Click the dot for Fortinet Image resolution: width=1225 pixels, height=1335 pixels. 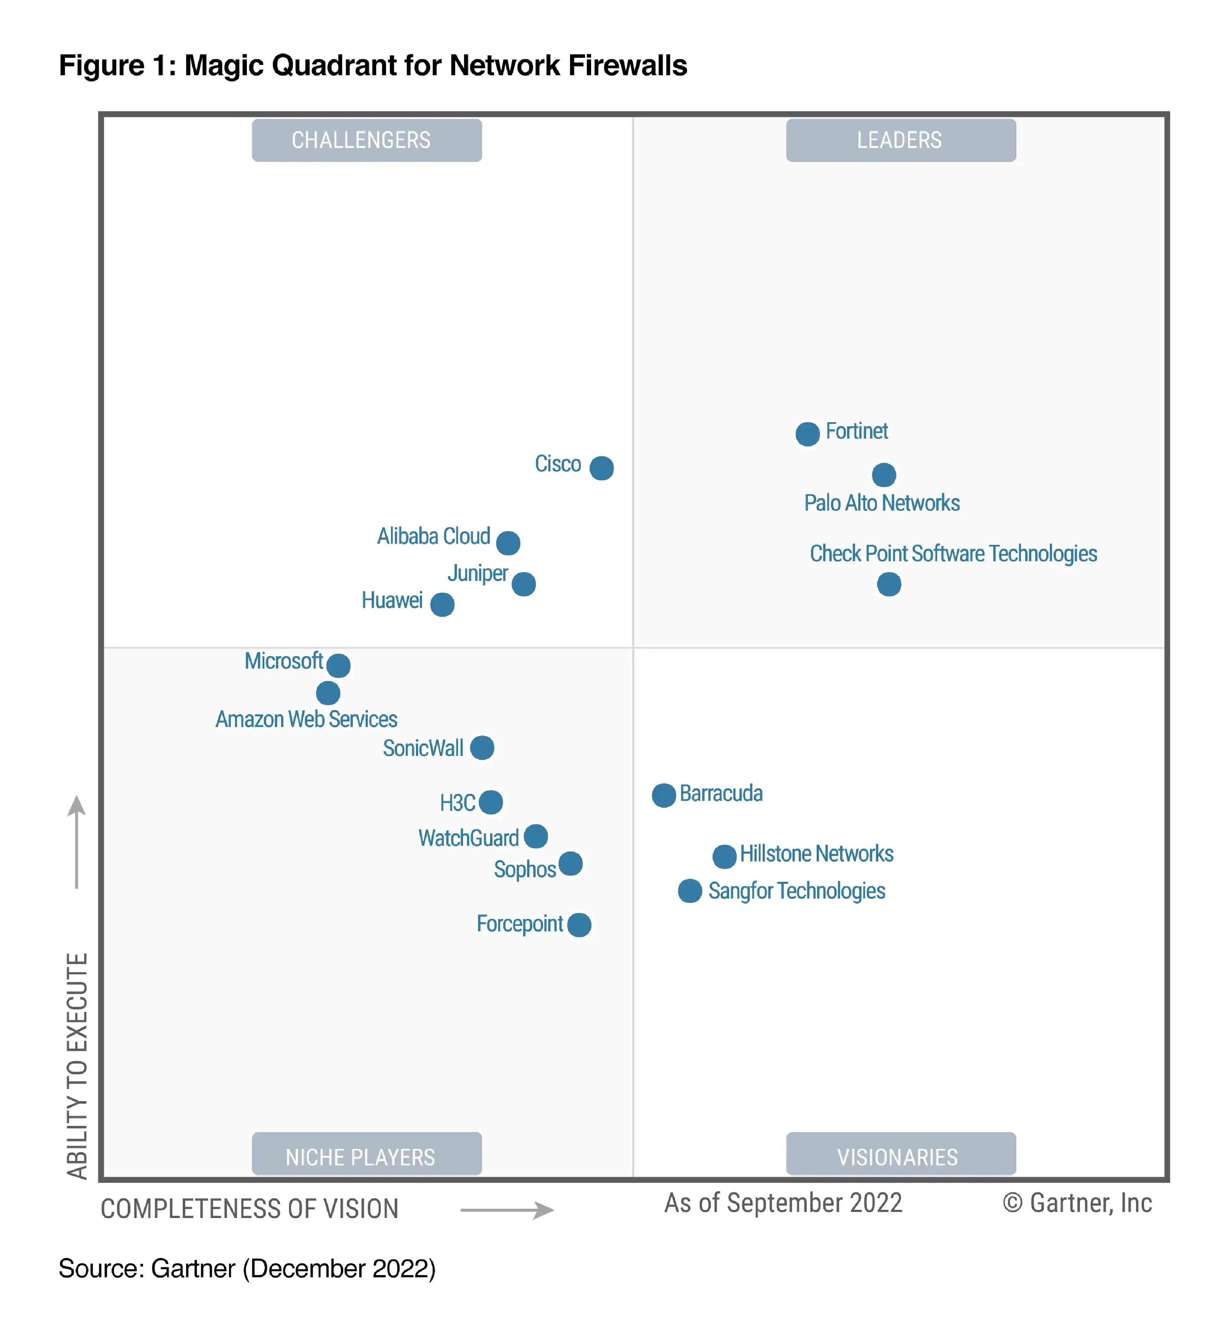pos(807,434)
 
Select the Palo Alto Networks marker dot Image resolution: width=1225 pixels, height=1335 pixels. pos(884,474)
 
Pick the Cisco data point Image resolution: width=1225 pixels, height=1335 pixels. pos(601,468)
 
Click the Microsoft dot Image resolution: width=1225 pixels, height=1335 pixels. pos(338,665)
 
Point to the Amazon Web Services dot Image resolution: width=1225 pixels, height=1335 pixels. pos(327,693)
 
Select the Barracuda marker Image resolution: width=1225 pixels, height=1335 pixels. pos(664,795)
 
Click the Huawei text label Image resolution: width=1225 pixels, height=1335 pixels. pos(392,600)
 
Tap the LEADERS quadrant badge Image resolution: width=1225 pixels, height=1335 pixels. pos(900,140)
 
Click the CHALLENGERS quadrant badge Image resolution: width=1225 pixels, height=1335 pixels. pos(367,140)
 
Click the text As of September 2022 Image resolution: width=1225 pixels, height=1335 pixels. pos(783,1202)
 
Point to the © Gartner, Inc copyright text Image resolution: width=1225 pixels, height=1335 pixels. pos(1077,1202)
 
